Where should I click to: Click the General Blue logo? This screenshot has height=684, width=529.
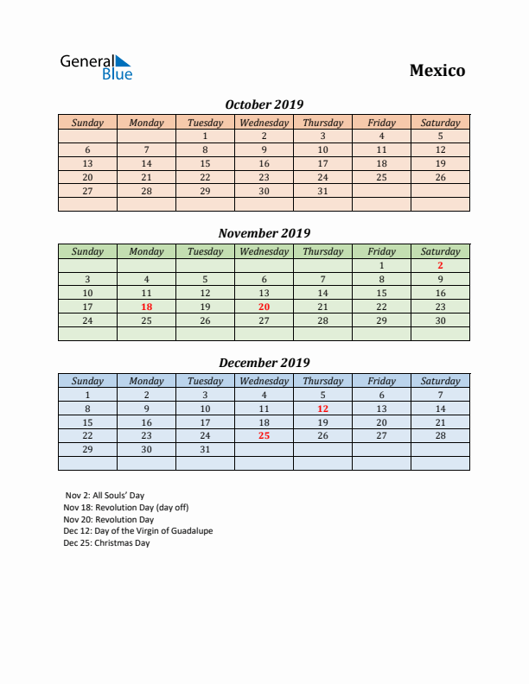pyautogui.click(x=96, y=67)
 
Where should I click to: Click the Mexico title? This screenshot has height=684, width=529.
pyautogui.click(x=437, y=71)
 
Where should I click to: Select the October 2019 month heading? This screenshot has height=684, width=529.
pyautogui.click(x=264, y=104)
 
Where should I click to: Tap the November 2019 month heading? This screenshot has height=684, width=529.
pyautogui.click(x=264, y=233)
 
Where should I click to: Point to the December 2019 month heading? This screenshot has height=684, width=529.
pyautogui.click(x=264, y=363)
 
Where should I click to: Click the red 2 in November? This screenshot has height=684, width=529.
pyautogui.click(x=440, y=266)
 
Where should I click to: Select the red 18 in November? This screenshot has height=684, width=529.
pyautogui.click(x=146, y=307)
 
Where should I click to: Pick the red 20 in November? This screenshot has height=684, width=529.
pyautogui.click(x=264, y=307)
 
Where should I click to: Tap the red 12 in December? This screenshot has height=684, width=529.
pyautogui.click(x=322, y=408)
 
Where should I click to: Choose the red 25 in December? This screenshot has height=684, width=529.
pyautogui.click(x=264, y=436)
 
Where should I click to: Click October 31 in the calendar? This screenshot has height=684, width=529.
pyautogui.click(x=322, y=191)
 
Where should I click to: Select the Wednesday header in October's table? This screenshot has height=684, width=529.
pyautogui.click(x=264, y=123)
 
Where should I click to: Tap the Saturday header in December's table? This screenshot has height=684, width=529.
pyautogui.click(x=440, y=381)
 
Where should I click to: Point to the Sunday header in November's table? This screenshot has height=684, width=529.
pyautogui.click(x=87, y=252)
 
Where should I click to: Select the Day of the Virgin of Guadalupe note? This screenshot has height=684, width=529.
pyautogui.click(x=137, y=531)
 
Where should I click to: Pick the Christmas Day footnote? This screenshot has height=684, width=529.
pyautogui.click(x=106, y=543)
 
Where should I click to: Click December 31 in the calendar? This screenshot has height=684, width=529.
pyautogui.click(x=205, y=450)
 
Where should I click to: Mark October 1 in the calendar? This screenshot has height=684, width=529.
pyautogui.click(x=205, y=136)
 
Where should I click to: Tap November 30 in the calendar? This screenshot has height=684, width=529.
pyautogui.click(x=440, y=320)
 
